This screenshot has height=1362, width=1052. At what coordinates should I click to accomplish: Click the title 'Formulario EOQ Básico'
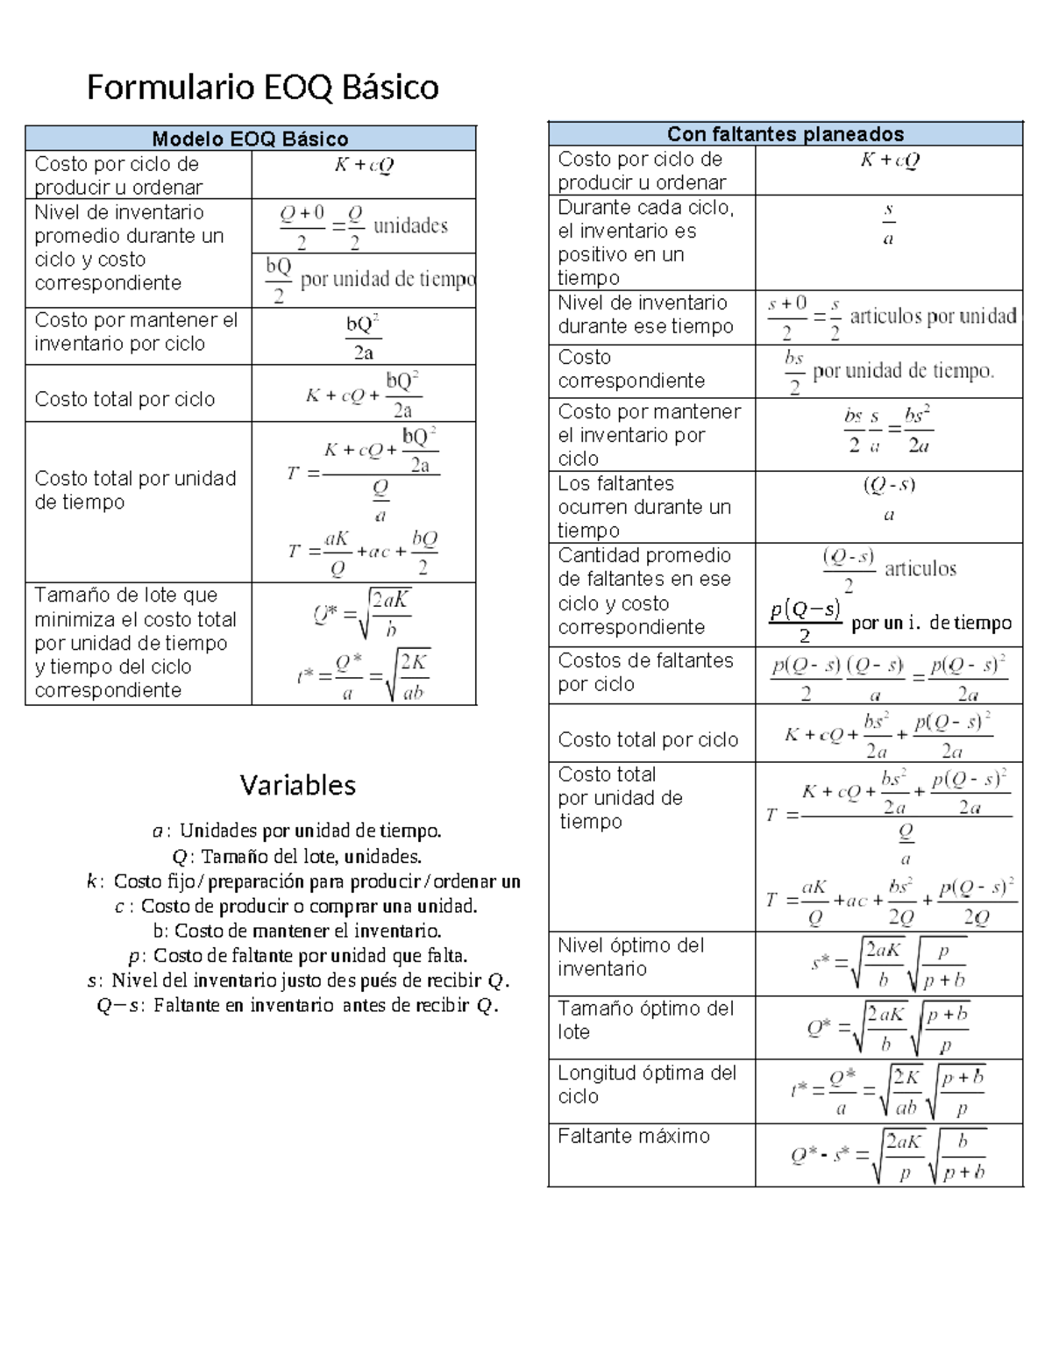(262, 87)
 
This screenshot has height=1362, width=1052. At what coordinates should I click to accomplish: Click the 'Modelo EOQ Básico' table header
(250, 139)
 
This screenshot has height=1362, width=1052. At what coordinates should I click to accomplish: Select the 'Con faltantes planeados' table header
(785, 134)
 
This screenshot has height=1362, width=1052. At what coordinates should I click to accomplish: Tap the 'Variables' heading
(297, 784)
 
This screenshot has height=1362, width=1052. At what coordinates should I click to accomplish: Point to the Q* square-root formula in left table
(363, 612)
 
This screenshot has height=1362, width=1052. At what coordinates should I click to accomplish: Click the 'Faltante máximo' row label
(633, 1136)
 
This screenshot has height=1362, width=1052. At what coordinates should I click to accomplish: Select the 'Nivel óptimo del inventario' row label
(630, 957)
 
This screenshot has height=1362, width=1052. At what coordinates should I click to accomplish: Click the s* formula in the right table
(888, 963)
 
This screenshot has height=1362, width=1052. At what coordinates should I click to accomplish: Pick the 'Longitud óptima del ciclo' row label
(646, 1084)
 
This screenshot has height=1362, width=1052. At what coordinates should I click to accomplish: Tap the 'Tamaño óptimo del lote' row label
(644, 1020)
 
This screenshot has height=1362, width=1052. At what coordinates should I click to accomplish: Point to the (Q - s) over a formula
(888, 499)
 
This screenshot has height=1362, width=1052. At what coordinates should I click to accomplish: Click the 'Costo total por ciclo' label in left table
(124, 399)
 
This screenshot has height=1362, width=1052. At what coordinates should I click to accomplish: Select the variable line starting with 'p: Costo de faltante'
(298, 955)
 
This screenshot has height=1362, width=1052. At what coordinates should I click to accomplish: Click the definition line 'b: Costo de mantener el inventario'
(296, 931)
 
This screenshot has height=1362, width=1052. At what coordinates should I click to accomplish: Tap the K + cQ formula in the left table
(363, 165)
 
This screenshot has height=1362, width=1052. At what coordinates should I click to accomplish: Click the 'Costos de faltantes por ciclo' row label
(644, 672)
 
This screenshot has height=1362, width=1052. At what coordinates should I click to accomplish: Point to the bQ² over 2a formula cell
(363, 337)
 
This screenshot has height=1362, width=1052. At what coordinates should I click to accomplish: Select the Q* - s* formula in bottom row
(888, 1155)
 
